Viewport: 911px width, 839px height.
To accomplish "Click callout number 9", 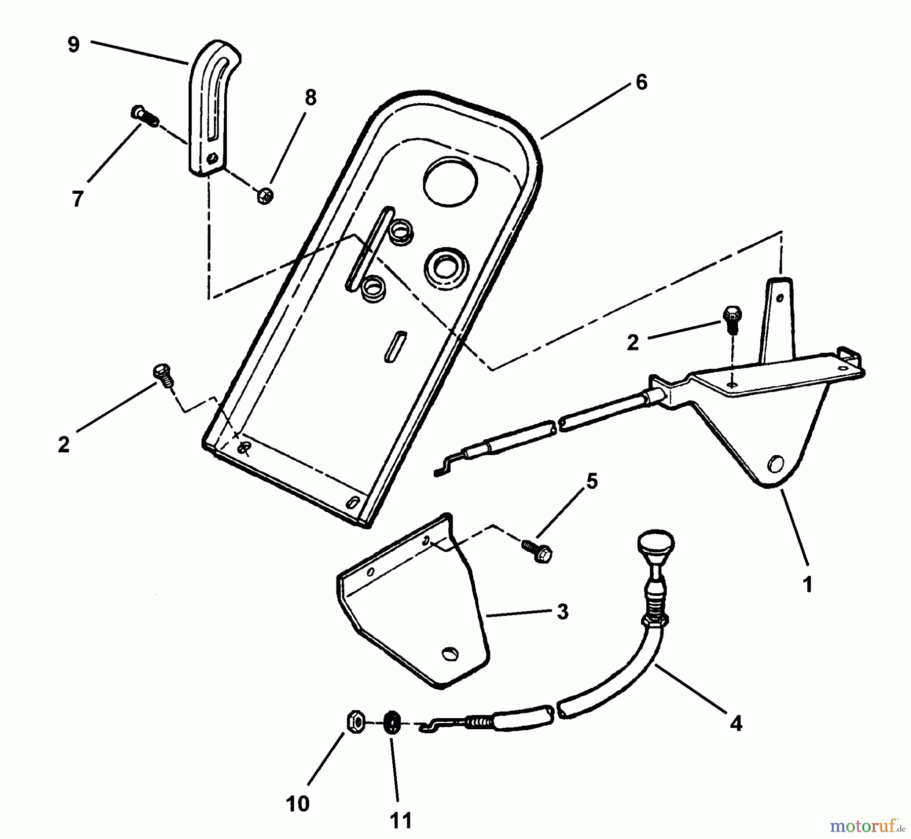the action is [74, 45].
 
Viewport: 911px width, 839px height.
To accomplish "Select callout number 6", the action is [641, 82].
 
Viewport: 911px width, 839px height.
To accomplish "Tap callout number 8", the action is [310, 98].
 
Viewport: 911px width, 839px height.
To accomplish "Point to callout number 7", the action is [77, 199].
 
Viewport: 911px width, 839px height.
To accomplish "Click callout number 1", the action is [808, 585].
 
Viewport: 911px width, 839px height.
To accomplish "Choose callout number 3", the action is [562, 612].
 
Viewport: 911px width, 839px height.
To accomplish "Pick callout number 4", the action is [736, 724].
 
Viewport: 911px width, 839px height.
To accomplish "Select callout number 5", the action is [592, 481].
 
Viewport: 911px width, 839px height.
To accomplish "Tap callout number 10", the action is [298, 803].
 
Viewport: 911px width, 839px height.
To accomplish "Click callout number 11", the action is [401, 820].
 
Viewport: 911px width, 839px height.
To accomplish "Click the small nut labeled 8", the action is [265, 195].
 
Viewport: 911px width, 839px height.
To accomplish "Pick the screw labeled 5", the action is [536, 551].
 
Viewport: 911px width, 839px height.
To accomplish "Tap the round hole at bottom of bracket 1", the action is [775, 463].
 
